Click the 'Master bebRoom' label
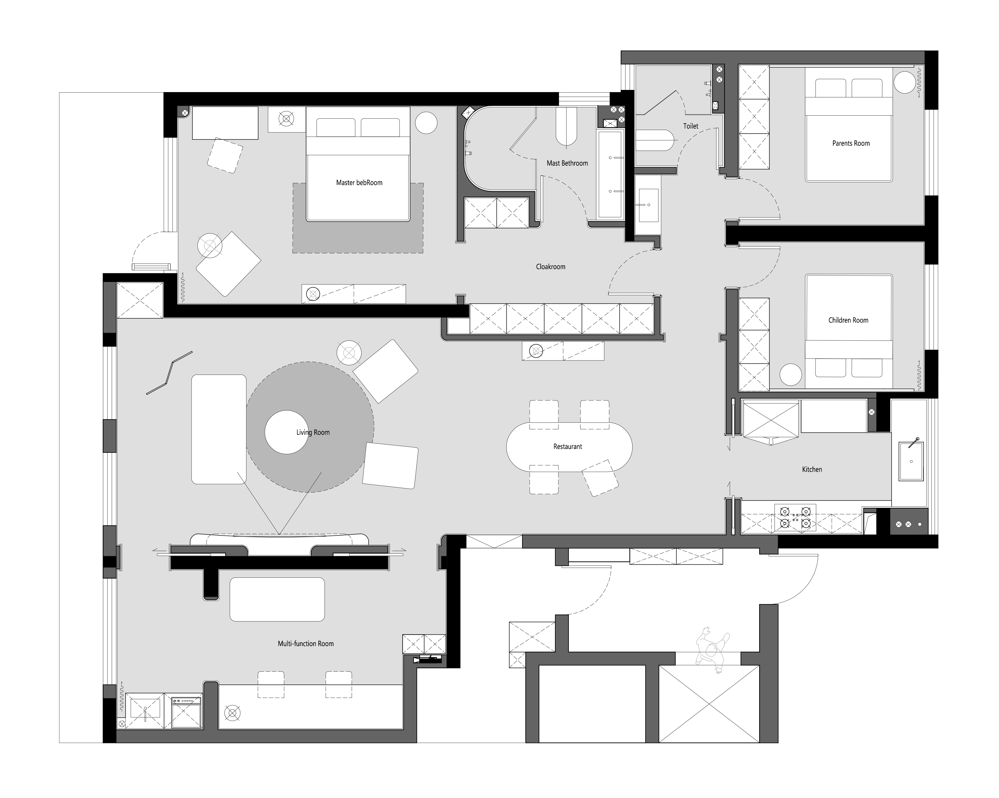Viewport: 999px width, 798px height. (x=359, y=183)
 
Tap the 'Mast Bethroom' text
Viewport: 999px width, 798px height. (x=567, y=163)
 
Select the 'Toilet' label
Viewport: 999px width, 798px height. (x=690, y=126)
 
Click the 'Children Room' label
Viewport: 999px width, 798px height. (x=848, y=320)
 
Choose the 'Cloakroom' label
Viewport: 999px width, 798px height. (x=550, y=267)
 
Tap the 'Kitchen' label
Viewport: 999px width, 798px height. (x=812, y=469)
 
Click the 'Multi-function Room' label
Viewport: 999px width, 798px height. (x=305, y=643)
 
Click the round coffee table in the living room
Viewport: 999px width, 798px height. (x=286, y=432)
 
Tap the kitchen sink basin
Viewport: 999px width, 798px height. (x=911, y=461)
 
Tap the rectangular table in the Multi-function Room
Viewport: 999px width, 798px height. (x=277, y=599)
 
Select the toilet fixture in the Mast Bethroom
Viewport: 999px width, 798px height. (x=566, y=126)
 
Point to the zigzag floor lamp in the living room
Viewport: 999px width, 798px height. (x=169, y=373)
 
